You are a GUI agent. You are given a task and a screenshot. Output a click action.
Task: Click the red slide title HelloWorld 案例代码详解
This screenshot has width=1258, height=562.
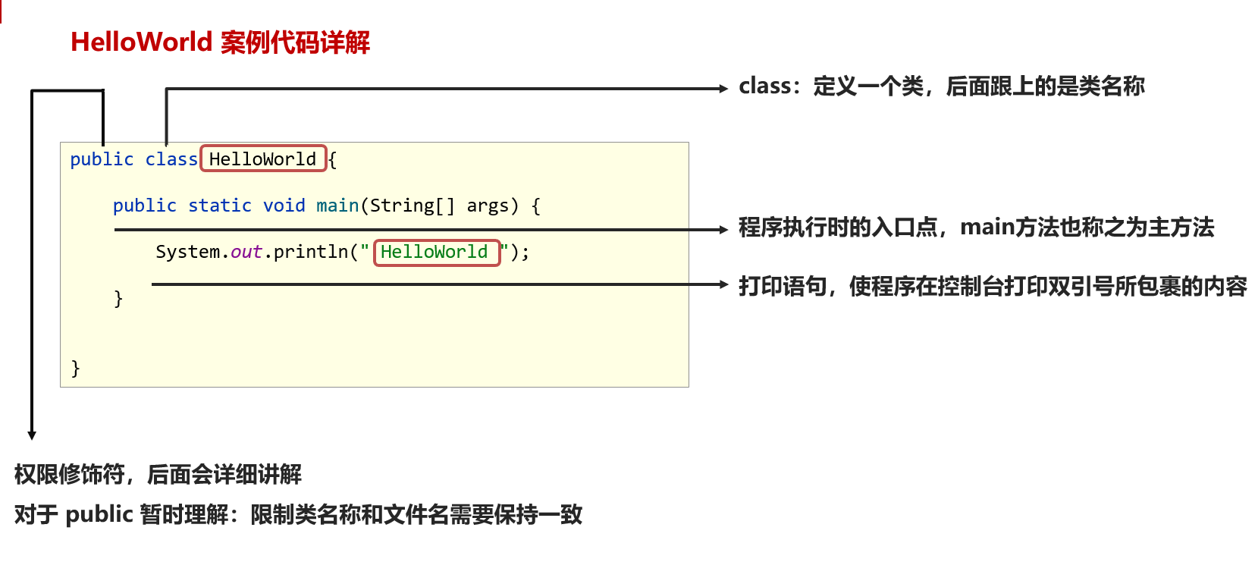coord(220,42)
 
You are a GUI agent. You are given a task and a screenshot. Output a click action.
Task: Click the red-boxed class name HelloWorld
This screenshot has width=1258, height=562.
coord(262,159)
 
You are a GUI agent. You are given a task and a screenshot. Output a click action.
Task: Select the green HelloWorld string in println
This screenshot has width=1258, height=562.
coord(434,252)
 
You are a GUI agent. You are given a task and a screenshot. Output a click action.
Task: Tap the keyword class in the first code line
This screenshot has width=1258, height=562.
coord(171,159)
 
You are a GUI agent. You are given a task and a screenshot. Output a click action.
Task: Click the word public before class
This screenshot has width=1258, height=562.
coord(102,159)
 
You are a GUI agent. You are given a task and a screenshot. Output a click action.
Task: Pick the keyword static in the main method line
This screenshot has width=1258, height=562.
coord(220,206)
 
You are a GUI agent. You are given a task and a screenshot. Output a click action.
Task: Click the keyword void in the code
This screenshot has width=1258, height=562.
coord(284,206)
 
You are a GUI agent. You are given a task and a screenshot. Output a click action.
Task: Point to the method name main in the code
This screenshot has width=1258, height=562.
coord(337,206)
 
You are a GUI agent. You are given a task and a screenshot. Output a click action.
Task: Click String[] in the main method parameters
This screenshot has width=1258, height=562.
coord(412,206)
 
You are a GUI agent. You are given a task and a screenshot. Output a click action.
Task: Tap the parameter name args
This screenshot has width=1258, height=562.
coord(488,206)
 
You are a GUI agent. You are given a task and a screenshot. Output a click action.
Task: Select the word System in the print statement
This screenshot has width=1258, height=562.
coord(187,252)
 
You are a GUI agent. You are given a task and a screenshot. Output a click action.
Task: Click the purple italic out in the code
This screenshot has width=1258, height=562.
coord(246,252)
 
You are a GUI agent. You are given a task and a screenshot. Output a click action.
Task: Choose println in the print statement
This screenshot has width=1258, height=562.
coord(311,252)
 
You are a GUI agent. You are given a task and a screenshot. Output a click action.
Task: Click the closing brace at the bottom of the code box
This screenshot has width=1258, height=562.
coord(75,369)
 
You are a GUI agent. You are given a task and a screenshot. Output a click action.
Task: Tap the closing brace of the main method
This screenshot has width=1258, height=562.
coord(118,299)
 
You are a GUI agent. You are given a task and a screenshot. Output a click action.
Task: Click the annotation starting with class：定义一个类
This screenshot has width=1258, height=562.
coord(941,86)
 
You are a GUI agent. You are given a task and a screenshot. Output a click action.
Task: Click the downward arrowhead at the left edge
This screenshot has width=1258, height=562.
coord(32,435)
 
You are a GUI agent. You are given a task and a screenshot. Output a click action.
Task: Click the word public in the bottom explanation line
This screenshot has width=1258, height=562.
coord(99,514)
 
